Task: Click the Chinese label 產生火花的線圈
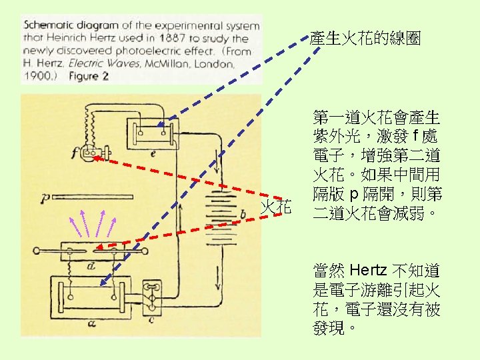pyautogui.click(x=365, y=39)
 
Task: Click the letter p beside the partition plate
pyautogui.click(x=44, y=197)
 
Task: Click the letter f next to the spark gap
pyautogui.click(x=73, y=154)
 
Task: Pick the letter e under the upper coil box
pyautogui.click(x=154, y=153)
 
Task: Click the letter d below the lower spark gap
pyautogui.click(x=91, y=266)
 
